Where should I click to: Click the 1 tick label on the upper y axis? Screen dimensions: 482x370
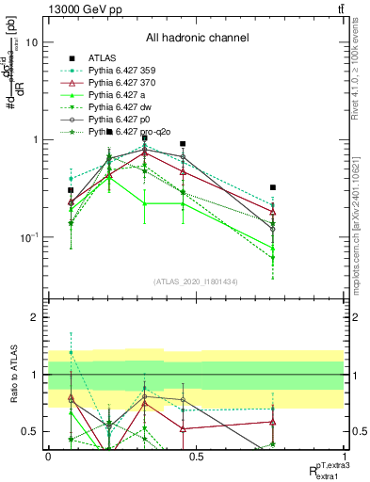pyautogui.click(x=35, y=139)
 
